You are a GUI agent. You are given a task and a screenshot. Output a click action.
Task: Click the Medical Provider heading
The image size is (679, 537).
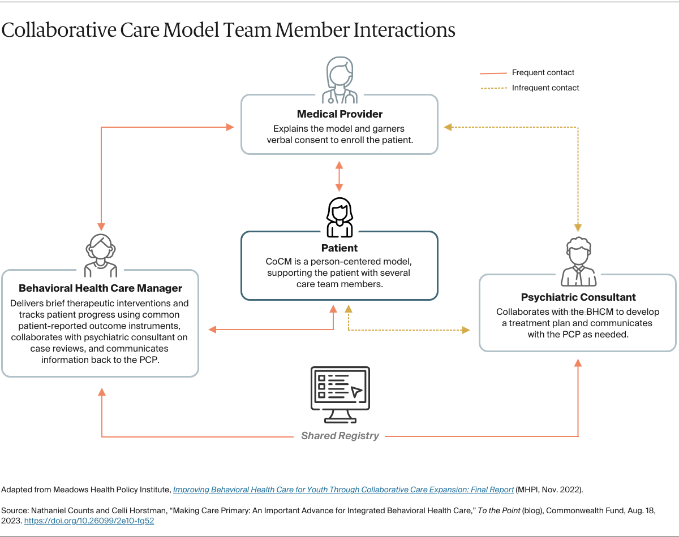[339, 115]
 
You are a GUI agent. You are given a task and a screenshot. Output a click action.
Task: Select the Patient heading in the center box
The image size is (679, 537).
[339, 248]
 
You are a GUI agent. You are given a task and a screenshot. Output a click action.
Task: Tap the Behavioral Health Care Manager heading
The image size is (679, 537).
[100, 288]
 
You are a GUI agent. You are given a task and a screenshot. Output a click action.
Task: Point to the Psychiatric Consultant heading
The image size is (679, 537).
[578, 297]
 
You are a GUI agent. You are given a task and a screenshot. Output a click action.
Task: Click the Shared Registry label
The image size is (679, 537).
[339, 436]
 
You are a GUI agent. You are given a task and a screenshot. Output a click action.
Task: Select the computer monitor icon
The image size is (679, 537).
[340, 395]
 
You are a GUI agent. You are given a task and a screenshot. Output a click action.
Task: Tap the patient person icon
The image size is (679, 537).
[339, 218]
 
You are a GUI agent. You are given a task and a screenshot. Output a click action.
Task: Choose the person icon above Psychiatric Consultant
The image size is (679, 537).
[578, 262]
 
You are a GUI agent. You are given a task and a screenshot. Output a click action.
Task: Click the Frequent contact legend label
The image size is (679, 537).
[543, 73]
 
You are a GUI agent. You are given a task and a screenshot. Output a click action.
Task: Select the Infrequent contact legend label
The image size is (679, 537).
[545, 88]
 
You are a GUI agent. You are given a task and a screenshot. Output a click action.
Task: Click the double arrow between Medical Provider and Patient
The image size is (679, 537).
[339, 176]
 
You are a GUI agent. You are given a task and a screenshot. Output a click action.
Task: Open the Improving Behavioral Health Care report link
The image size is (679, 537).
[343, 490]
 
